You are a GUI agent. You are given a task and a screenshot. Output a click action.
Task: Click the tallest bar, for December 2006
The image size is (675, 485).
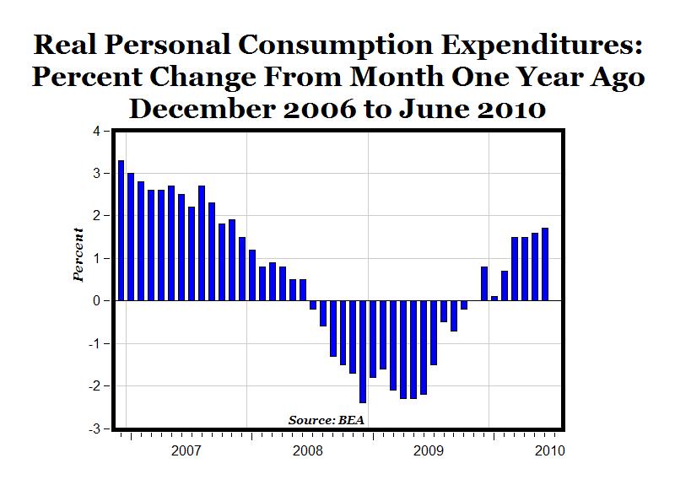pos(121,230)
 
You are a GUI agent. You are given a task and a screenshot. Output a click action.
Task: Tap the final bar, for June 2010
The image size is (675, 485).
pos(545,264)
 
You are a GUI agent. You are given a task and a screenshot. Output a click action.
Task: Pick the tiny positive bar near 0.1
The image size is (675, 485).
pos(494,298)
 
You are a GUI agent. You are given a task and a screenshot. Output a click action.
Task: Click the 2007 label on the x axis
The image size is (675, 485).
pos(186,451)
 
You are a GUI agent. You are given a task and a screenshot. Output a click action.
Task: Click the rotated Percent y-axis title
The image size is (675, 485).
pos(78,255)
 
